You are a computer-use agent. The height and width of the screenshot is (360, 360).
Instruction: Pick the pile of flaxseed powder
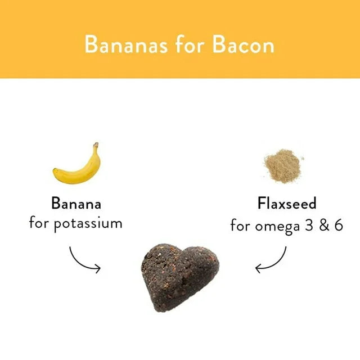283,164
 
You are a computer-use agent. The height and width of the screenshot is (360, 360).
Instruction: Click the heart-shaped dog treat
178,276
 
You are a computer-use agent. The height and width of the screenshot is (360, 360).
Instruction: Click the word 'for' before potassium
39,223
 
